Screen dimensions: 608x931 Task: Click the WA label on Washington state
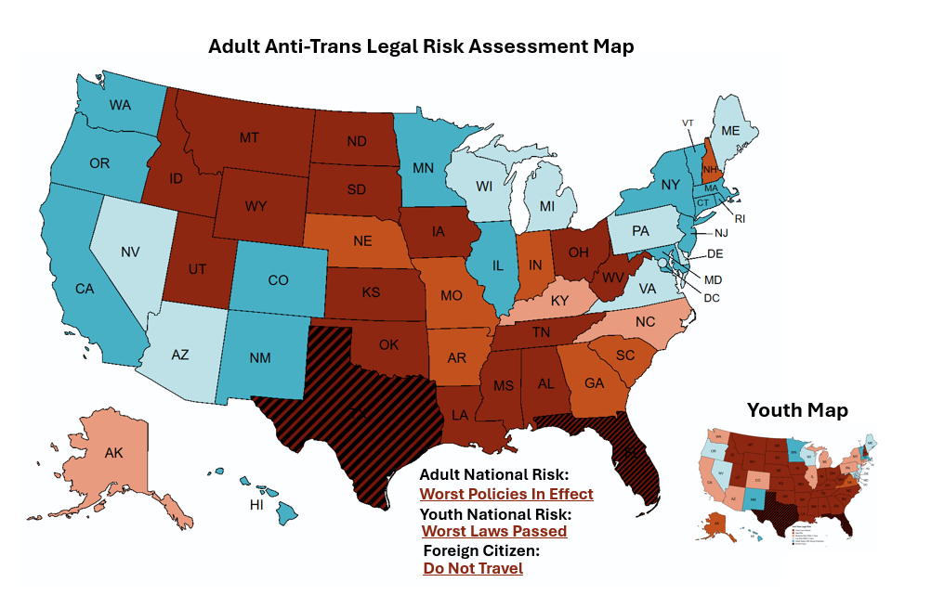click(120, 105)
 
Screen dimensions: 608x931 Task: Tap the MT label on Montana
click(248, 137)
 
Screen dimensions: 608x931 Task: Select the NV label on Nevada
click(130, 252)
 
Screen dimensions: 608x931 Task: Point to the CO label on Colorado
click(279, 279)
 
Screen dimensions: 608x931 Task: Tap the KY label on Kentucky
click(558, 302)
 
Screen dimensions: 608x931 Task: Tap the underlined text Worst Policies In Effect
click(506, 494)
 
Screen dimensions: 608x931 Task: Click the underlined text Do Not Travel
click(473, 568)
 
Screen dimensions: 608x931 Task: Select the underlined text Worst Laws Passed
click(494, 531)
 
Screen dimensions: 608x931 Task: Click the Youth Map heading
click(797, 409)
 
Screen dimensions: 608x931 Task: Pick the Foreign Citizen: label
click(481, 550)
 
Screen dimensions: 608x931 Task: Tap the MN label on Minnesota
click(424, 169)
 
